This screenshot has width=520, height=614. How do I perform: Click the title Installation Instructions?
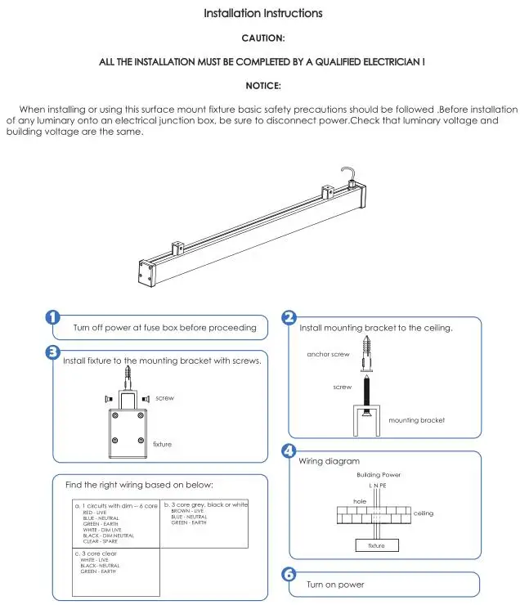262,13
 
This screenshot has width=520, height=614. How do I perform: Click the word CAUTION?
263,38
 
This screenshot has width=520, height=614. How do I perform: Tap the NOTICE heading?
263,85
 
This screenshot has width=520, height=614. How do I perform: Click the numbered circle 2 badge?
289,318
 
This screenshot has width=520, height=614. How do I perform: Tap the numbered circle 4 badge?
289,450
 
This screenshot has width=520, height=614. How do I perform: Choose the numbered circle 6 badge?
289,575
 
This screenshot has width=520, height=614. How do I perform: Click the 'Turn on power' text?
335,585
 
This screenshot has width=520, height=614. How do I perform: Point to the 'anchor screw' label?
328,355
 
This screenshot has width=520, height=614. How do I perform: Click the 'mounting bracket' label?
416,420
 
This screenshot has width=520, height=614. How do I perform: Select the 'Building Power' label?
379,474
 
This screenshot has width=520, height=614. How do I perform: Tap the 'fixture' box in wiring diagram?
376,545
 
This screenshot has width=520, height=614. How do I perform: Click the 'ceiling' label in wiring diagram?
424,513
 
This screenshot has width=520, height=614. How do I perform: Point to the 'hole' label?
360,500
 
